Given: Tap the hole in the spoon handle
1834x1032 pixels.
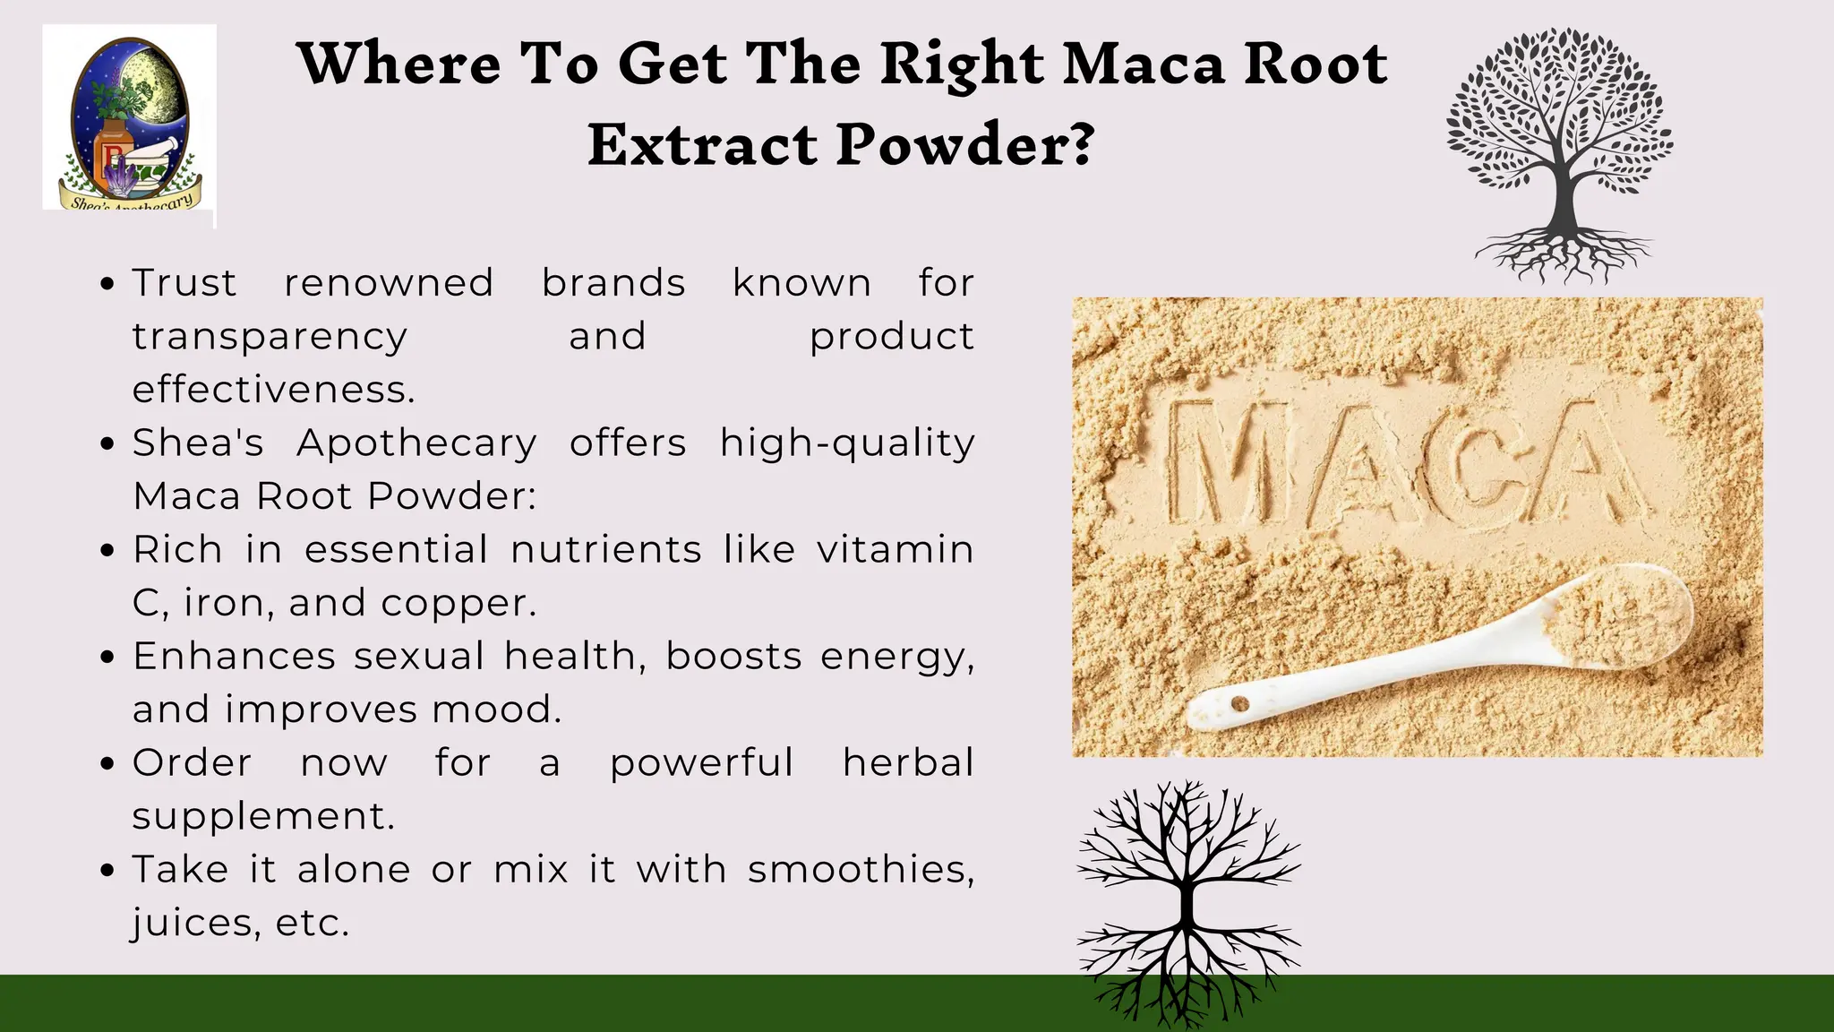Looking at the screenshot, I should (1240, 704).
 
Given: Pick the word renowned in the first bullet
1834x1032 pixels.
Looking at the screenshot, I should (389, 283).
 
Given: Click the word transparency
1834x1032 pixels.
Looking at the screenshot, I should (270, 337).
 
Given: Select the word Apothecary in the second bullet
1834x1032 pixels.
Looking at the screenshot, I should (416, 443).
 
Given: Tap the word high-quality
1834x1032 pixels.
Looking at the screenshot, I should (847, 443).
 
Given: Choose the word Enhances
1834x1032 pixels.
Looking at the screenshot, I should (233, 656).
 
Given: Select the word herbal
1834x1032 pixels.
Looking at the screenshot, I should (908, 762).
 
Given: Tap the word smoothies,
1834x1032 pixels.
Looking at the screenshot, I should (861, 869).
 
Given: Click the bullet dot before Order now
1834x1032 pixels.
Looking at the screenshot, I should (108, 764).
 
